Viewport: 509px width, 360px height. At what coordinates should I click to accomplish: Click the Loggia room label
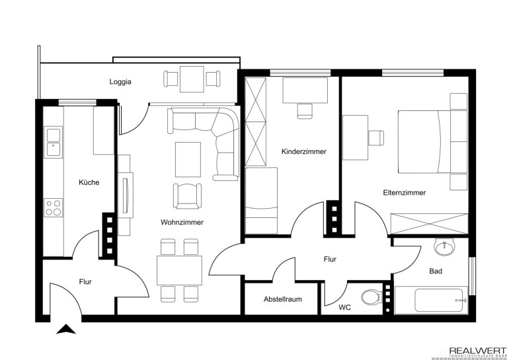(x=120, y=82)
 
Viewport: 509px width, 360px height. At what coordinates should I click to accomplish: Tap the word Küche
(x=89, y=182)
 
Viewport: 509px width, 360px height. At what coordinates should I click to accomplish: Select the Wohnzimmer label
(x=182, y=222)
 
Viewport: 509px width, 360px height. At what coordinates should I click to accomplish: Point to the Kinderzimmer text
(x=304, y=151)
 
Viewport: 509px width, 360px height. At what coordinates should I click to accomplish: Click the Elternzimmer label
(x=404, y=193)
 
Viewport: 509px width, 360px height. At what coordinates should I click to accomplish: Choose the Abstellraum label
(x=283, y=299)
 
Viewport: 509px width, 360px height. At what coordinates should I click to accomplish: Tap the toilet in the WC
(x=372, y=297)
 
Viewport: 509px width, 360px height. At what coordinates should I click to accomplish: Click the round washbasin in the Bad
(x=445, y=248)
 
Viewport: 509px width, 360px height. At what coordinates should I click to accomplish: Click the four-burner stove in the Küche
(x=54, y=208)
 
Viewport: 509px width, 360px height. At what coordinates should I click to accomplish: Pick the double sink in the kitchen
(x=54, y=143)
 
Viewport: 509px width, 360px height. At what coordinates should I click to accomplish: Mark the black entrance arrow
(x=66, y=329)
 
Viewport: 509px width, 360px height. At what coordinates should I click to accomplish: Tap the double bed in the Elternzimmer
(x=432, y=141)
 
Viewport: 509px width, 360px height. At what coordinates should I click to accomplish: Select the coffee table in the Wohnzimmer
(x=188, y=160)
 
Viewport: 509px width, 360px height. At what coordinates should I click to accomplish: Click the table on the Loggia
(x=192, y=79)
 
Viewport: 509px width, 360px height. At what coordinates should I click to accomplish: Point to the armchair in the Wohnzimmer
(x=187, y=196)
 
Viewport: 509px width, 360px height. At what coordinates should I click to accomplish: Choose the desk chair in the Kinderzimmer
(x=305, y=111)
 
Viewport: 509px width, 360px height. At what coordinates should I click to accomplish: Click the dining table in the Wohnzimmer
(x=180, y=270)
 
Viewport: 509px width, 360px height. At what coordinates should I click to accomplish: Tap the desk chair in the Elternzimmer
(x=376, y=137)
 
